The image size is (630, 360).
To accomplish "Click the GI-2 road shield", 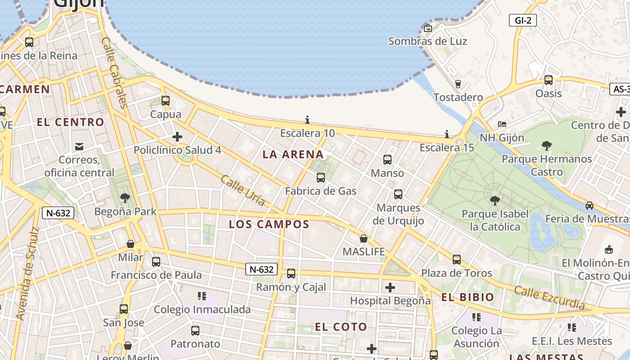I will (523, 20).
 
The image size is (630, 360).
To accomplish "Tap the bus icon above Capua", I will (166, 101).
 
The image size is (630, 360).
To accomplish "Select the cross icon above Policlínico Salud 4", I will (177, 136).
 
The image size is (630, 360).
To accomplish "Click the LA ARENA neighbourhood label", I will (293, 155).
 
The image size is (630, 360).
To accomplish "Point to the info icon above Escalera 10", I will (307, 120).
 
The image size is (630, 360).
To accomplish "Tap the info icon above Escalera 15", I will (447, 134).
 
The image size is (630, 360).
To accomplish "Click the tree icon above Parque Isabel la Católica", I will (495, 200).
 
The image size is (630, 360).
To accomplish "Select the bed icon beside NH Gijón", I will (502, 124).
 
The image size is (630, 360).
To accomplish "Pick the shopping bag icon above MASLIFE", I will (364, 238).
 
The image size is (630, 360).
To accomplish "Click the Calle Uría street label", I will (243, 190).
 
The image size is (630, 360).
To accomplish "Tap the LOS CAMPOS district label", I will (269, 224).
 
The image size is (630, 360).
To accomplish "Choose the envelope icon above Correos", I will (80, 146).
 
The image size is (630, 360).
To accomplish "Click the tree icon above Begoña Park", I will (125, 198).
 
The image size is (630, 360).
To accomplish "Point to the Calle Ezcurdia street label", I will (549, 297).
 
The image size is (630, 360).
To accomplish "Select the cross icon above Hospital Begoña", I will (390, 287).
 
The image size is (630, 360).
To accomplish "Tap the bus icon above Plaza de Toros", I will (457, 260).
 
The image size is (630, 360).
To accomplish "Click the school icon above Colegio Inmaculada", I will (202, 296).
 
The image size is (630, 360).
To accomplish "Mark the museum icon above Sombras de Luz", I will (428, 28).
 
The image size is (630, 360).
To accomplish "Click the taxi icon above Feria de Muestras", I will (589, 206).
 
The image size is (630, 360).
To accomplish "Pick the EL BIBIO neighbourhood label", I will (468, 297).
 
